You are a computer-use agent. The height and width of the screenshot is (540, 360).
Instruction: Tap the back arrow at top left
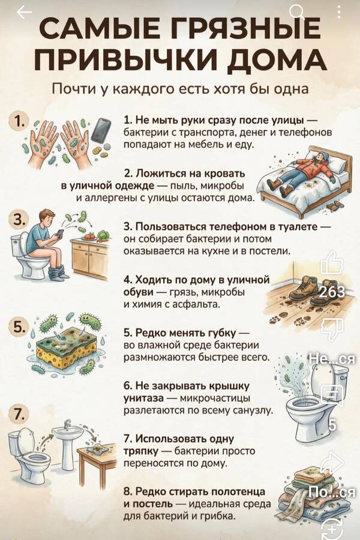(x=24, y=13)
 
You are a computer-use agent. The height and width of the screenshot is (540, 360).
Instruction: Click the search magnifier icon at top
(x=296, y=10)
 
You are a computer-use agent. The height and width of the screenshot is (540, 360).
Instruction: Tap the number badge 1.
(x=19, y=120)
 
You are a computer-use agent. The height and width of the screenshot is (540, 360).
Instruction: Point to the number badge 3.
(x=19, y=220)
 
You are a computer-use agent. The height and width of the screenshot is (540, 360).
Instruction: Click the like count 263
(x=332, y=292)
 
